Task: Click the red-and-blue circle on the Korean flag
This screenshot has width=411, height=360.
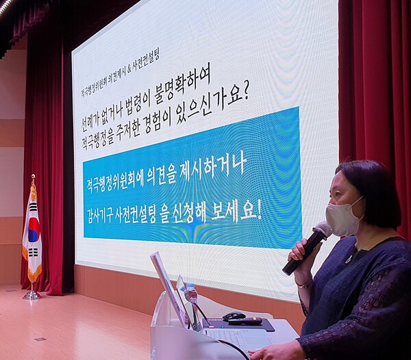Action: pos(32,230)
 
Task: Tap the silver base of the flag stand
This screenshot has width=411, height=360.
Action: pos(31,295)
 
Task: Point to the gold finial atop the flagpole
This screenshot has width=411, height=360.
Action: pos(32,179)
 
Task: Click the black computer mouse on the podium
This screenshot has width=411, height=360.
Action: pos(234,316)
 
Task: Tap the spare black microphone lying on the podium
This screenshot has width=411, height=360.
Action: pos(245,321)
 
